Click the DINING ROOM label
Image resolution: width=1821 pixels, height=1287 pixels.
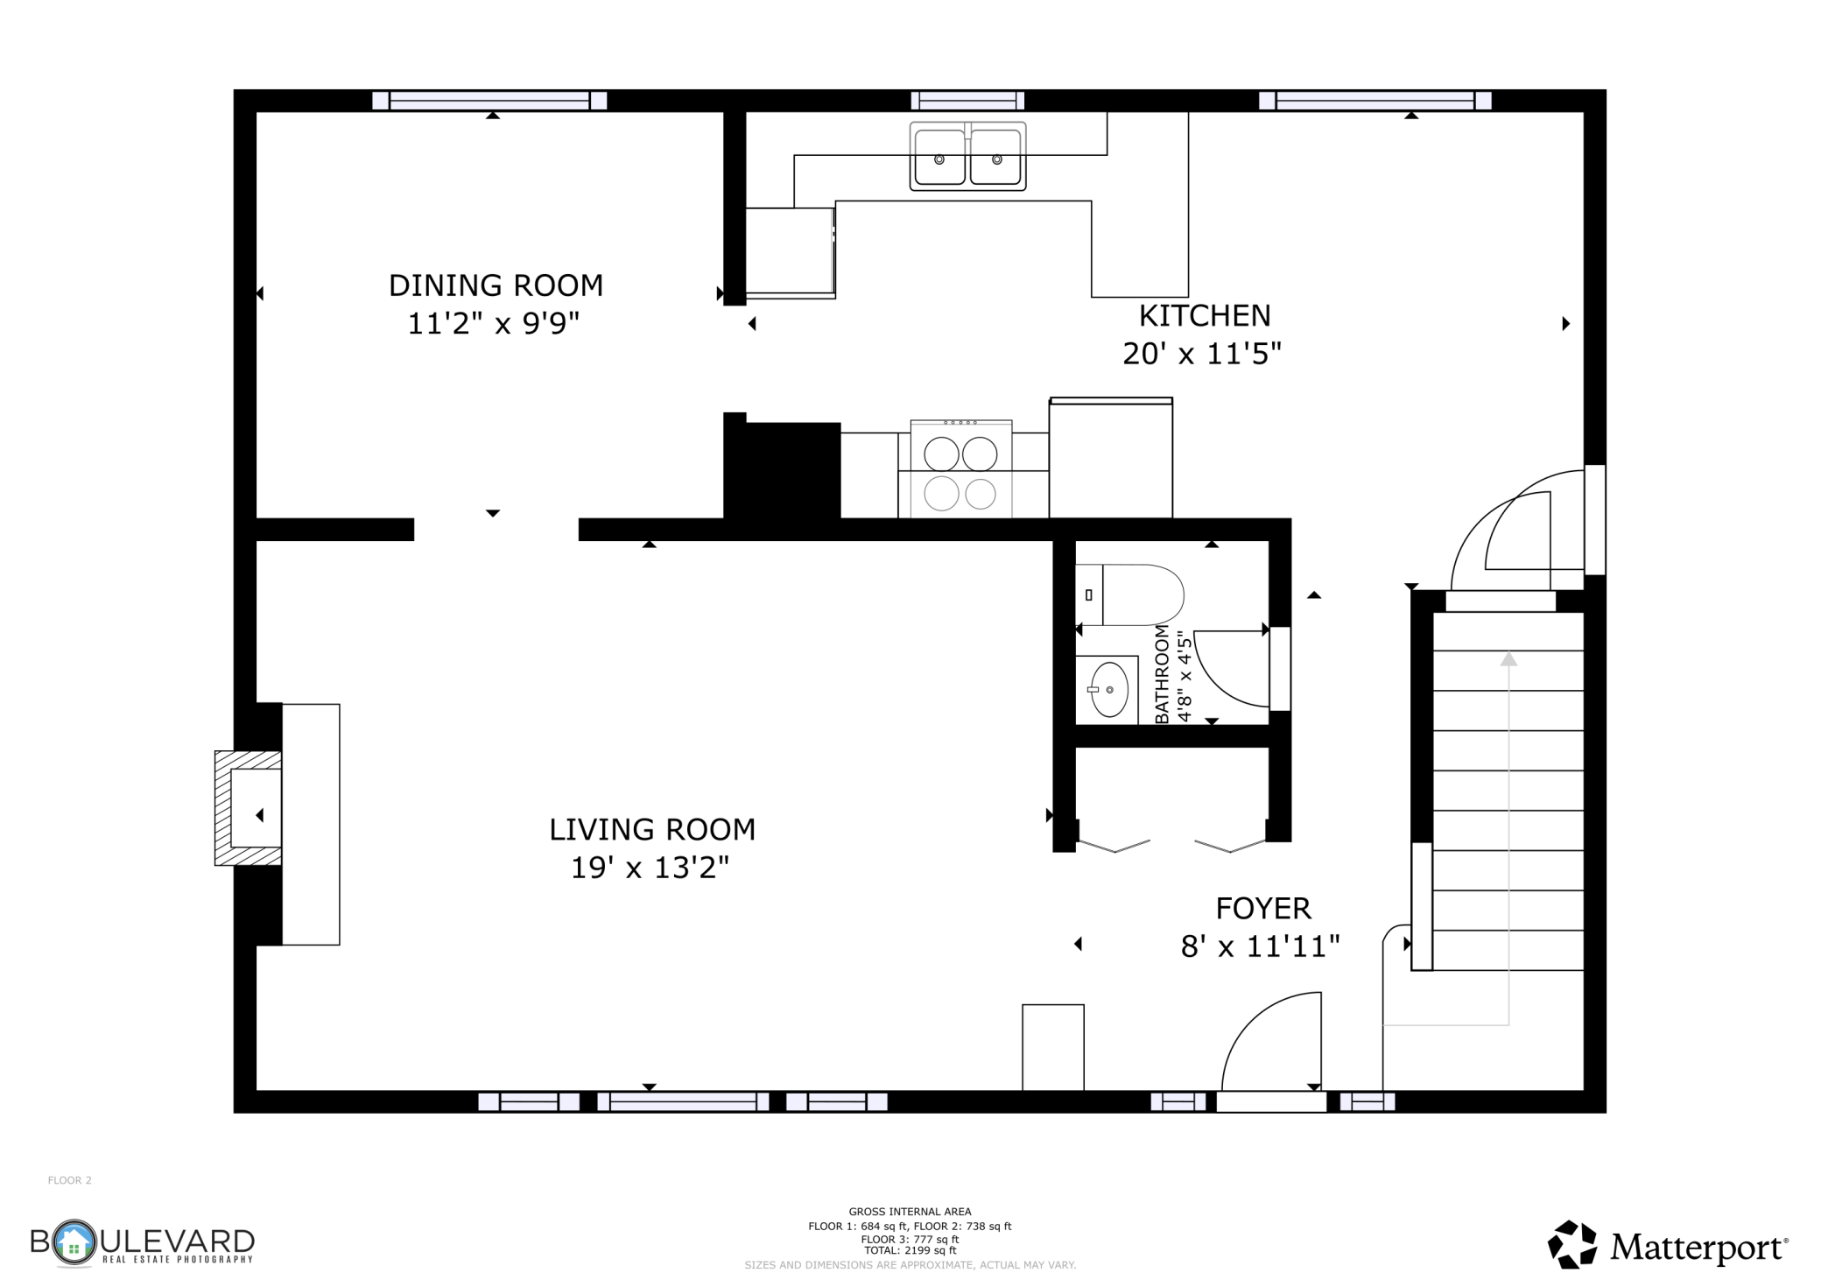point(496,285)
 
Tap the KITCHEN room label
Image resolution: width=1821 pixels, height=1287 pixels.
point(1204,315)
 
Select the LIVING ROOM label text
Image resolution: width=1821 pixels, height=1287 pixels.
point(651,829)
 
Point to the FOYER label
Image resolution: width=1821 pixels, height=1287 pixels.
point(1263,909)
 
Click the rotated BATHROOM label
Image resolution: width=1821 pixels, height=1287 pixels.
point(1162,674)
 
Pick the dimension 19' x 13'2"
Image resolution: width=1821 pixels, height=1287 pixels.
point(650,868)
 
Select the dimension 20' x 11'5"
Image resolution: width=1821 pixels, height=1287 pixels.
point(1202,354)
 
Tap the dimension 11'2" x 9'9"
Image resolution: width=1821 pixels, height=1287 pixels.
point(494,324)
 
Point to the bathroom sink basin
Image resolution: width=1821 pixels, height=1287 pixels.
point(1109,690)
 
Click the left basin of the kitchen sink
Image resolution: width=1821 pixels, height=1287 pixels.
point(939,158)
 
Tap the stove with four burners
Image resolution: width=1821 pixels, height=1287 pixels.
point(961,469)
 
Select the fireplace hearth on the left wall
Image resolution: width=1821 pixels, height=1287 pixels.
point(249,808)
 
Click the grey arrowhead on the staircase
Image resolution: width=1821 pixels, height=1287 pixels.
point(1508,658)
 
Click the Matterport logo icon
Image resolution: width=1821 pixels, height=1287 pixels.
point(1572,1244)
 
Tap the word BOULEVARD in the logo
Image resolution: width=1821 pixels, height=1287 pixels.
point(143,1241)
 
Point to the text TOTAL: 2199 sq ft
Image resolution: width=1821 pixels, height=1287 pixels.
point(910,1250)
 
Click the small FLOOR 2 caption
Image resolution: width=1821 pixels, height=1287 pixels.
point(69,1180)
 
